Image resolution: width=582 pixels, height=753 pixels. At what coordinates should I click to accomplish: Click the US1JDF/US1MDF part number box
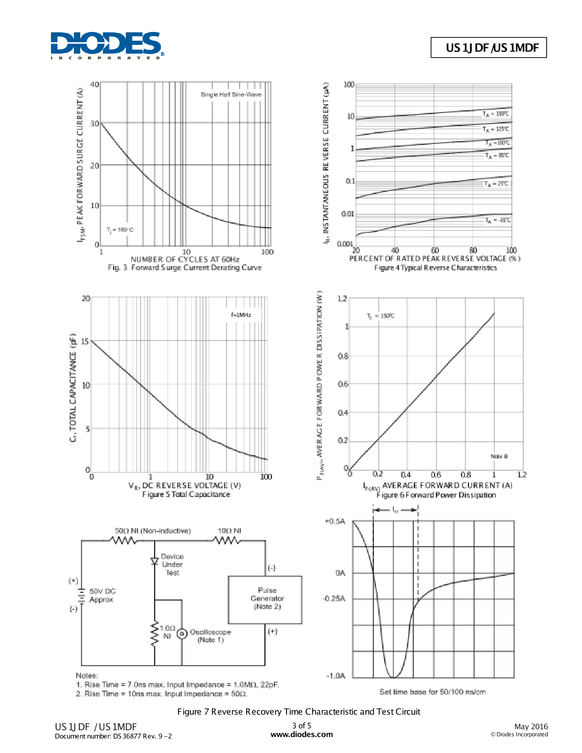pos(488,48)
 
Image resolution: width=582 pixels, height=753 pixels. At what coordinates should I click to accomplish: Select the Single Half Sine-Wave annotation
pos(231,95)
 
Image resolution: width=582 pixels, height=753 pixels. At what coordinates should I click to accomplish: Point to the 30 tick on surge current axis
pos(95,124)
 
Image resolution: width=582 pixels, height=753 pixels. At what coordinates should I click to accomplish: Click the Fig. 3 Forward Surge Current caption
pos(184,268)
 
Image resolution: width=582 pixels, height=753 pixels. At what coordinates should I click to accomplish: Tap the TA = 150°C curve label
pos(495,114)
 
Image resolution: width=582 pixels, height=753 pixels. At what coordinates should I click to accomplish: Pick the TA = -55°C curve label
pos(498,220)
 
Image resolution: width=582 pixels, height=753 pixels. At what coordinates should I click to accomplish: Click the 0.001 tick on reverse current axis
pos(345,244)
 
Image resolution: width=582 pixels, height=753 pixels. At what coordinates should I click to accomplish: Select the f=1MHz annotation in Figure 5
pos(241,315)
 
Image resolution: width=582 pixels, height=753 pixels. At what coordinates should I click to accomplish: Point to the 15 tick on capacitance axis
pos(85,342)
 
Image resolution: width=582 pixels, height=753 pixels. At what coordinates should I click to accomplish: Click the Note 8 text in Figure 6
pos(499,456)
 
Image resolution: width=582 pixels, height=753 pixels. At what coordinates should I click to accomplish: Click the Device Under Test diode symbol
pos(154,561)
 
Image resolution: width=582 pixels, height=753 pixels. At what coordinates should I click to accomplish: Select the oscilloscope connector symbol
pos(182,634)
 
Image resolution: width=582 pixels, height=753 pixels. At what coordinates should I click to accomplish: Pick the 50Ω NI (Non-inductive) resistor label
pos(153,531)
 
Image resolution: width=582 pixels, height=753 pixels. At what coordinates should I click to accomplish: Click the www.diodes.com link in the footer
pos(302,735)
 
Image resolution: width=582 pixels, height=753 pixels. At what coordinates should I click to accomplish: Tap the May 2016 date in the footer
pos(531,727)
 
